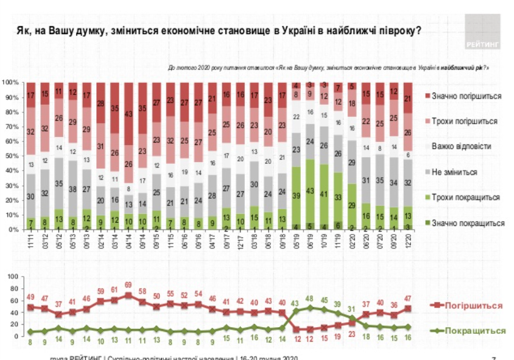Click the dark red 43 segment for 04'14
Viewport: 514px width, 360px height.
pyautogui.click(x=128, y=113)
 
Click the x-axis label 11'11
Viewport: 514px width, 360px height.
pyautogui.click(x=29, y=240)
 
